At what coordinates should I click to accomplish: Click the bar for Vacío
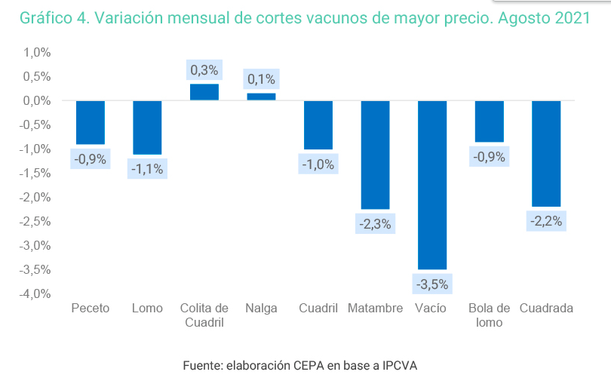pos(431,184)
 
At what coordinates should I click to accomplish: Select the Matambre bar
pos(375,154)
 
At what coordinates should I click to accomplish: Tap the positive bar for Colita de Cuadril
pos(204,91)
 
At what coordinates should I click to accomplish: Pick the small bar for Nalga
pos(261,96)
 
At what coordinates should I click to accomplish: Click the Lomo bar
pos(147,127)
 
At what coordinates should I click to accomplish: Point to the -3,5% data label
pos(431,284)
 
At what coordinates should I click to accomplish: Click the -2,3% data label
pos(375,224)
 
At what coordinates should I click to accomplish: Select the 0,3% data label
pos(204,70)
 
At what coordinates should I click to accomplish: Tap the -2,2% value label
pos(545,221)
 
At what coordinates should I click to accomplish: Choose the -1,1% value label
pos(147,169)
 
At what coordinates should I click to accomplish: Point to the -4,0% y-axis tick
pos(35,293)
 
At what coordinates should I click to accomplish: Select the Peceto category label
pos(90,309)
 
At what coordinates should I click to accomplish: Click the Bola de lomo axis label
pos(489,315)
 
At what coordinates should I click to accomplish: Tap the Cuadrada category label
pos(546,309)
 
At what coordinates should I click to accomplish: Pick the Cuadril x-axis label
pos(318,309)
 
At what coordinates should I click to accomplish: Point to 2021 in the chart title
pos(571,19)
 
